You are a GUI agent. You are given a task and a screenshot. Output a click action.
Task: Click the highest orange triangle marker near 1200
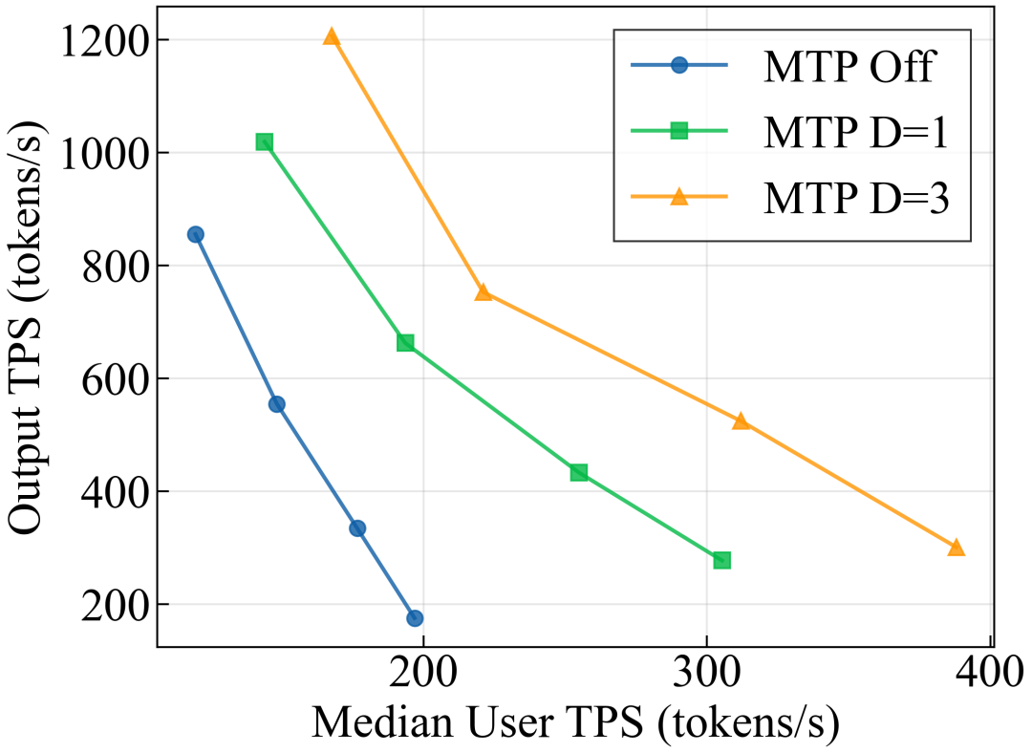coord(332,37)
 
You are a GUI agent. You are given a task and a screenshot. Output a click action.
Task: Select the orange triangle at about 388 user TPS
coord(956,548)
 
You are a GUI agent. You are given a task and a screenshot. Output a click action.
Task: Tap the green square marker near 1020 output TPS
coord(265,142)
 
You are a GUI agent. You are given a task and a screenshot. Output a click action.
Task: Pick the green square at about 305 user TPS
coord(722,560)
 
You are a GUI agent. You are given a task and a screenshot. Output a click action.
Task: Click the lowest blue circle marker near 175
coord(415,618)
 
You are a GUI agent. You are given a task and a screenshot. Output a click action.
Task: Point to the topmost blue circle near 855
coord(196,234)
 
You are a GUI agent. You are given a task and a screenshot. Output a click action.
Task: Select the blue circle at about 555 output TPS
coord(277,404)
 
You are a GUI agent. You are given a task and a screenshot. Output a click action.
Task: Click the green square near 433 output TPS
coord(579,473)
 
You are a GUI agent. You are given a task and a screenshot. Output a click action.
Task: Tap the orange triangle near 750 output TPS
coord(484,292)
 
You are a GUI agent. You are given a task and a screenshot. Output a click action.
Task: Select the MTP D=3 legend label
coord(855,198)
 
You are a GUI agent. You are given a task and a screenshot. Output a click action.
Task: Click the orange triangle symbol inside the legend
coord(679,198)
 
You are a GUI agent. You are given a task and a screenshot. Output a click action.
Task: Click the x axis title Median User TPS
coord(574,724)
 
